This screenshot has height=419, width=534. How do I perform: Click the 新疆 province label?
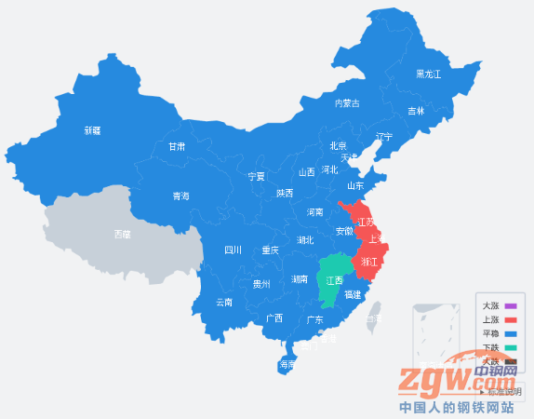[92, 130]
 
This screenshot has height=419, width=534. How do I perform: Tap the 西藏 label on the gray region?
[122, 234]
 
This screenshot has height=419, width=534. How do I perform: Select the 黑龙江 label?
[428, 74]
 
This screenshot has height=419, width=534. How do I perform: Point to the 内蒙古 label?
[347, 102]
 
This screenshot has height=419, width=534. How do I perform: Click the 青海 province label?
[180, 196]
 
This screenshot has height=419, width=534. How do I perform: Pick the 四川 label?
[233, 250]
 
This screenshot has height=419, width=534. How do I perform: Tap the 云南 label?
[224, 302]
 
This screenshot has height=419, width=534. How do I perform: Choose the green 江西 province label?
[334, 279]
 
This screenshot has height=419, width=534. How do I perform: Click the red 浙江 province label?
[369, 263]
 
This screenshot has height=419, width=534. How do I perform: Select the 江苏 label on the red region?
[367, 222]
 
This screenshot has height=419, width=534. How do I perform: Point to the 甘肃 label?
[177, 146]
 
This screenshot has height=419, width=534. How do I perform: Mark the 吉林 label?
[416, 111]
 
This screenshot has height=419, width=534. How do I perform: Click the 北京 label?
[338, 145]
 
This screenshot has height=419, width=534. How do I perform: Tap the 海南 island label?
[287, 365]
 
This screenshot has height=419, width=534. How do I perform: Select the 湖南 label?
[300, 278]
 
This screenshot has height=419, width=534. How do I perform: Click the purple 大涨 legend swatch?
[510, 305]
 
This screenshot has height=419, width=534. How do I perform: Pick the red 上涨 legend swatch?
[510, 319]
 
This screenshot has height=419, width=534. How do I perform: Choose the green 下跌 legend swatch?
[510, 347]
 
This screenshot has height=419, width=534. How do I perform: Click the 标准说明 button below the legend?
[502, 391]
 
